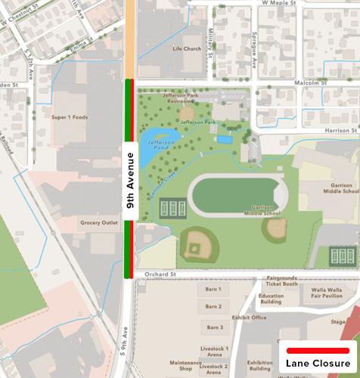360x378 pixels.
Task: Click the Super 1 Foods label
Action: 70,117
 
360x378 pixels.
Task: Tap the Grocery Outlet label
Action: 100,223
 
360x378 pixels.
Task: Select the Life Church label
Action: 187,49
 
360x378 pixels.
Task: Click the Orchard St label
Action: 162,274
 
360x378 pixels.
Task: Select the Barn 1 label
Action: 213,290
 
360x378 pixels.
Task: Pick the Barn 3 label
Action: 213,327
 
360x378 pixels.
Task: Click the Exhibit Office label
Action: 249,318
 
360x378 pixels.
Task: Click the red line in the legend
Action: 318,350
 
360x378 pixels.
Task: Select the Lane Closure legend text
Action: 318,364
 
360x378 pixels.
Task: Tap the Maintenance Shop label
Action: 185,367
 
